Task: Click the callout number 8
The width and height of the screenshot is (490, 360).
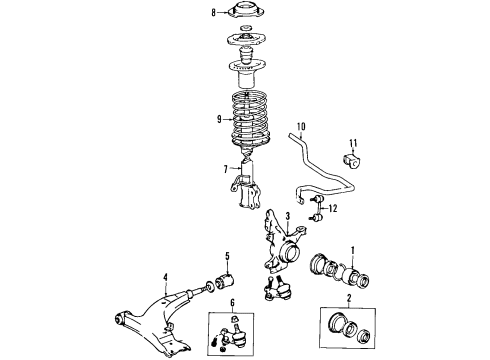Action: tap(213, 13)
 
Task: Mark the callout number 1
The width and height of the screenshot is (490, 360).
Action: tap(351, 249)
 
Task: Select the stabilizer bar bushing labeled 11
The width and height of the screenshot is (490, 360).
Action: tap(352, 162)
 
